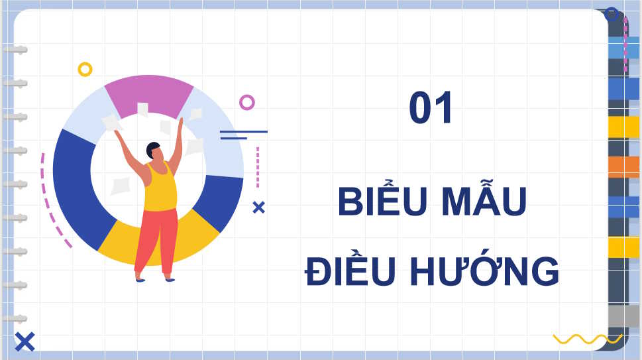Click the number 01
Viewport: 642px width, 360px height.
431,109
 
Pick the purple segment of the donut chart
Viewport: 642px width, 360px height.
148,93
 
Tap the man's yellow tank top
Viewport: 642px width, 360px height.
160,189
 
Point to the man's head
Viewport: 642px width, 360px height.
154,150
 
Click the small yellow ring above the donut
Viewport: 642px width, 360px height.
85,69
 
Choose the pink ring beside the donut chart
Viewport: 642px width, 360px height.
247,102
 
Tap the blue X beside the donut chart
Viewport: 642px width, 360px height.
258,208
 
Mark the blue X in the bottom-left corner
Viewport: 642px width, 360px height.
25,342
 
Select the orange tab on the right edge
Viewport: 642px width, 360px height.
623,167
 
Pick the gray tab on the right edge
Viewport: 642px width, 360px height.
623,316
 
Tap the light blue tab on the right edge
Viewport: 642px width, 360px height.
623,51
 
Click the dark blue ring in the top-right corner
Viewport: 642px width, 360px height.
612,13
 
